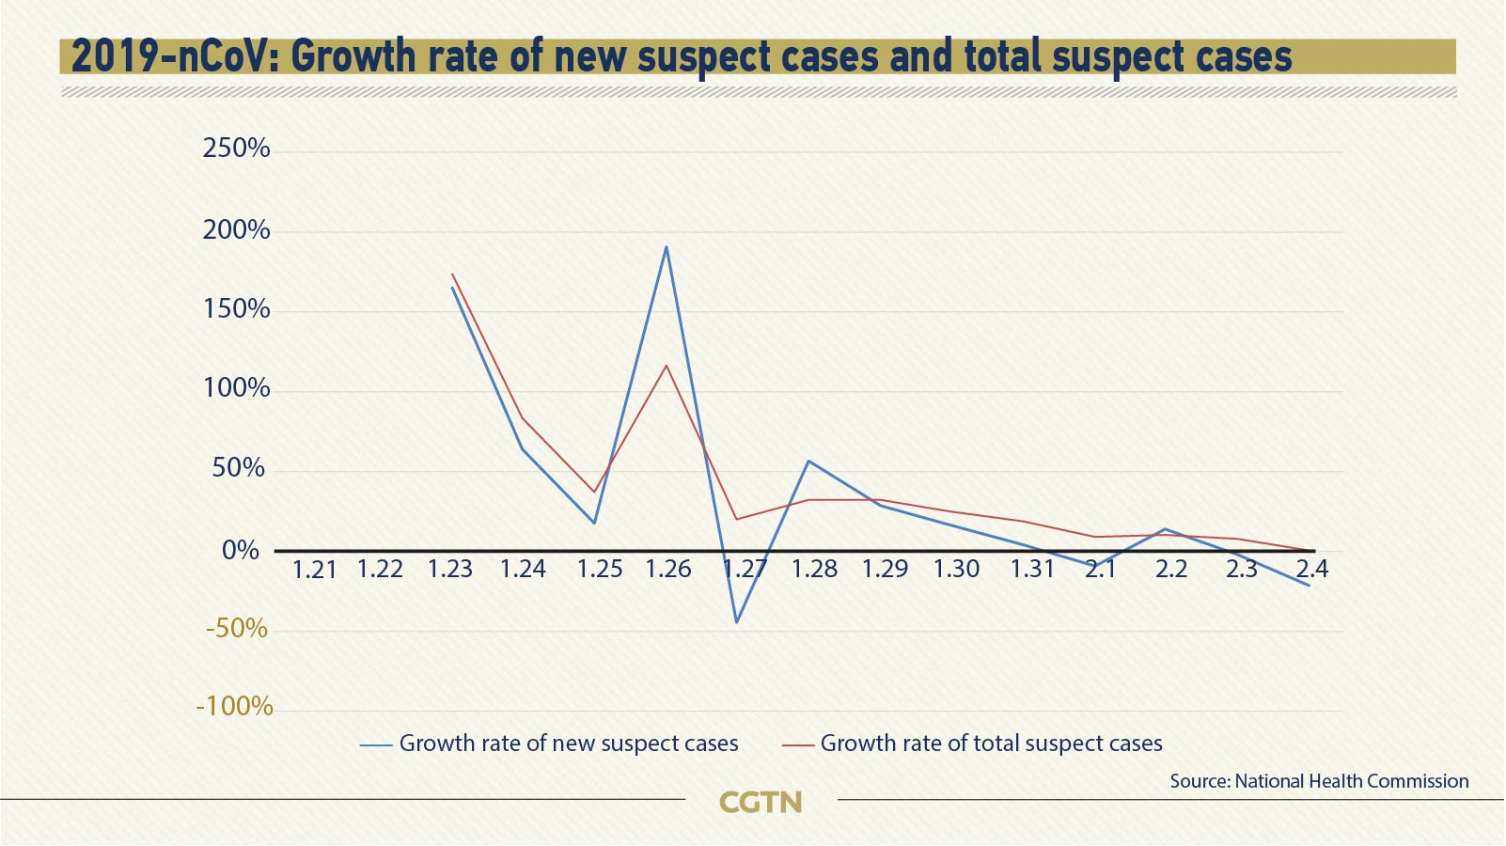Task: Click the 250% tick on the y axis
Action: (236, 149)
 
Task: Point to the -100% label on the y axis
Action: (234, 706)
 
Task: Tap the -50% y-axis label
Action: (237, 628)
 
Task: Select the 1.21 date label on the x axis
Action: (314, 570)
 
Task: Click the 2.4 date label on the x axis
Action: (1311, 569)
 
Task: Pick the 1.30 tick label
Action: (956, 569)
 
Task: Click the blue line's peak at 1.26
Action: (667, 247)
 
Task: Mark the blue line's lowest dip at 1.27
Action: (737, 622)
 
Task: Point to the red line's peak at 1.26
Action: (667, 365)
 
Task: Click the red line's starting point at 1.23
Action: (452, 274)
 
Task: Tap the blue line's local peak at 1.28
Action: (808, 461)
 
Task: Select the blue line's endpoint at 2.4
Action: (1308, 586)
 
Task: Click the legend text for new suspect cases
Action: (569, 744)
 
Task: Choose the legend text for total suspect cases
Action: (991, 744)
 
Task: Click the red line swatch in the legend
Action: (797, 745)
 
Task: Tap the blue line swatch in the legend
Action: (376, 745)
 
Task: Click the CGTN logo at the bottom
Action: (760, 802)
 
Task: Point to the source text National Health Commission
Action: (1319, 781)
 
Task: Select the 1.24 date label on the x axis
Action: (523, 569)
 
